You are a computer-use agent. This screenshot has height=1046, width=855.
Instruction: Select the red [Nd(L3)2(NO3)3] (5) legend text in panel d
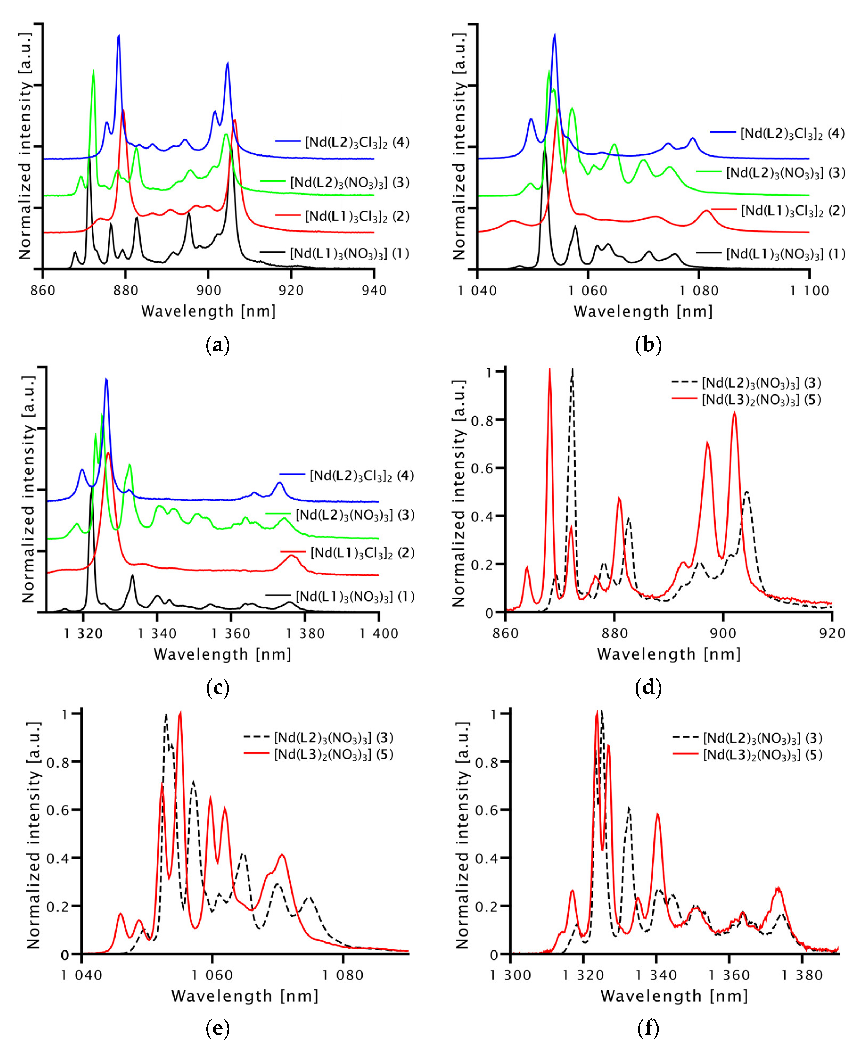[x=761, y=400]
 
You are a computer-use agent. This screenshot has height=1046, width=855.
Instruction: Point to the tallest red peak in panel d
[x=550, y=370]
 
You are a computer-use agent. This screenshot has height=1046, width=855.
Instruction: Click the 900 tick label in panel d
[x=722, y=634]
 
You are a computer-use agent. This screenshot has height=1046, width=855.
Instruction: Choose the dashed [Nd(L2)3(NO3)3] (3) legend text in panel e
[x=334, y=738]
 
